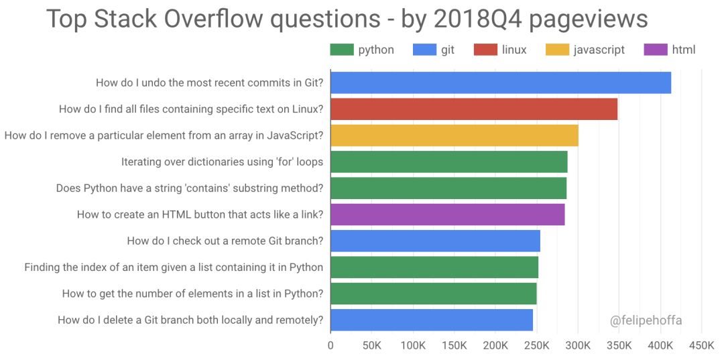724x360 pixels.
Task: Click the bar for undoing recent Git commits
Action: pos(501,82)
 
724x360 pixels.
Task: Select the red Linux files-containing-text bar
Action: pos(474,109)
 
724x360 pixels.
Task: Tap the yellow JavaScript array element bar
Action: pos(455,135)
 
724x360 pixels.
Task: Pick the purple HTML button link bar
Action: pos(447,215)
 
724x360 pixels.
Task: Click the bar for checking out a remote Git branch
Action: pos(435,241)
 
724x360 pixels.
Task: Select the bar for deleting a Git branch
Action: pos(432,320)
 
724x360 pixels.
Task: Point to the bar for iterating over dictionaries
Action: pos(449,162)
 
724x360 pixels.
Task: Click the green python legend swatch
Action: pos(341,50)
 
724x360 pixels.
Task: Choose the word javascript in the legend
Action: pos(599,50)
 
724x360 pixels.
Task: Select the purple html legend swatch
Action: pos(655,50)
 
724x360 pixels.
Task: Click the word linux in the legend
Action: pos(514,50)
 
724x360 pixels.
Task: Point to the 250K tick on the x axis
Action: pos(536,346)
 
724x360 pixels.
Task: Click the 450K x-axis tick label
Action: pos(701,346)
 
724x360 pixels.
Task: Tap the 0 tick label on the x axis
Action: pos(330,346)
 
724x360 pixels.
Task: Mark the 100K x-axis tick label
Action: pos(413,346)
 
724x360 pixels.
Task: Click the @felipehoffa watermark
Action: pos(646,320)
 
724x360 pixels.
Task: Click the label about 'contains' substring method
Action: pos(190,188)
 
